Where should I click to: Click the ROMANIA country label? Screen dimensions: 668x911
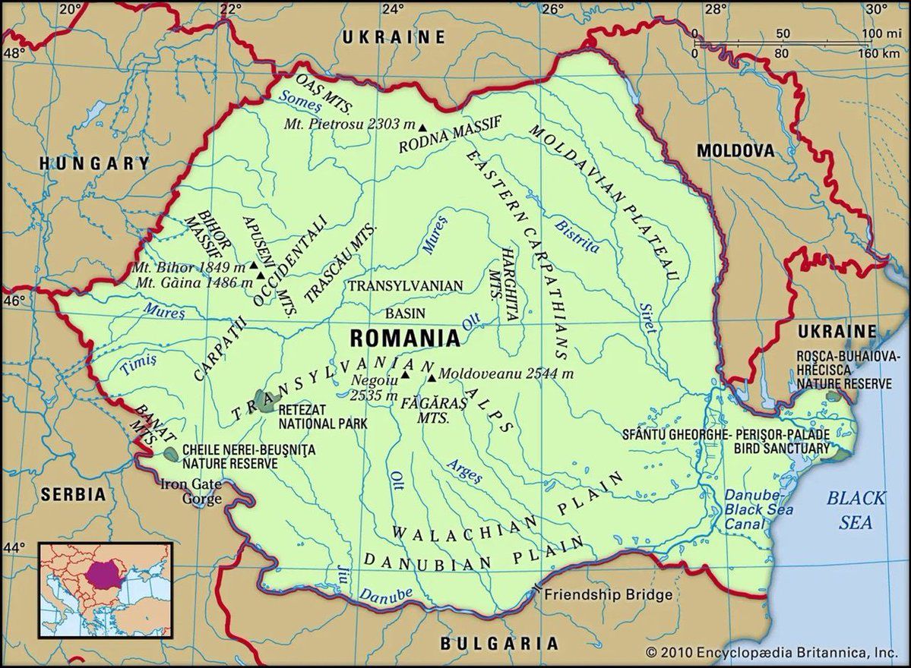pos(405,338)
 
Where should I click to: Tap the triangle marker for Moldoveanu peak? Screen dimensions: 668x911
pos(432,377)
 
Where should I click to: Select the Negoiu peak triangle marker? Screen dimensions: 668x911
pos(405,374)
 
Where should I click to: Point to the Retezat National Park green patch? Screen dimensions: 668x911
pos(265,402)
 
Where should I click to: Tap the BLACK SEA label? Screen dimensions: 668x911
pos(856,510)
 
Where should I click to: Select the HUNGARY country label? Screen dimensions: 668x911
pos(94,162)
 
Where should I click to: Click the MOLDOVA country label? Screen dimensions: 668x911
pos(735,151)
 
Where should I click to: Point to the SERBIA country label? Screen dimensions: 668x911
pos(73,493)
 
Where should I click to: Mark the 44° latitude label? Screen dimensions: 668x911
pos(14,547)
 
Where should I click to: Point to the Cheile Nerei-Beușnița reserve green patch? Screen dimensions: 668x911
pos(172,454)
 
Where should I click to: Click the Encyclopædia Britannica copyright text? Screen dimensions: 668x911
pos(772,651)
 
